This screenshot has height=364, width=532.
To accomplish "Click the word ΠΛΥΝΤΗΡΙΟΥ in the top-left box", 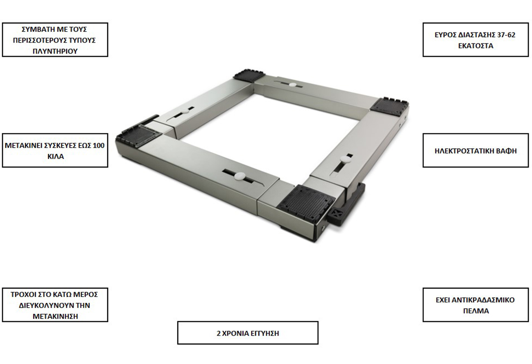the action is coord(55,51).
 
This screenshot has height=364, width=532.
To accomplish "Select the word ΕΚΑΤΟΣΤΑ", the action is coord(475,46).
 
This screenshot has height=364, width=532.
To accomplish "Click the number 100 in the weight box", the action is coord(98,145).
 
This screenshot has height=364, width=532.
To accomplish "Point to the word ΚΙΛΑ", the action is coord(55,157).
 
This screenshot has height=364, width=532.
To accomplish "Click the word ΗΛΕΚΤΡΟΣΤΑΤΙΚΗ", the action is coord(464,151).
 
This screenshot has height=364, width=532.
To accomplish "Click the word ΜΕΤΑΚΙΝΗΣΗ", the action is coord(55,316).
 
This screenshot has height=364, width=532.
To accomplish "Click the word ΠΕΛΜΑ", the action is coord(476,311).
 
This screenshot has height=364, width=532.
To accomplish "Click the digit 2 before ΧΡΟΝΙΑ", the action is coord(219,333).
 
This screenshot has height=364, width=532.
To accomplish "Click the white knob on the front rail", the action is coord(239,176).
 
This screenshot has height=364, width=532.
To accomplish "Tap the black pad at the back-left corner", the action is coord(249,75).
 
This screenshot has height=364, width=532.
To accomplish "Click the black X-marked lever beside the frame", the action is coord(346,209).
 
